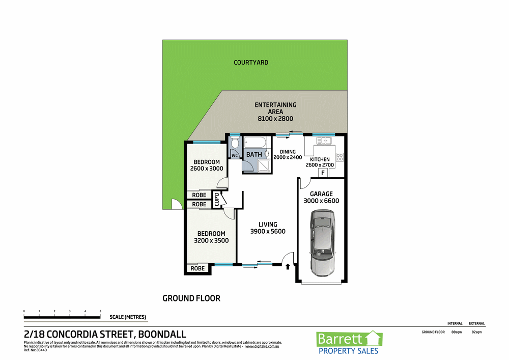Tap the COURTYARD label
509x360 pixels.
pyautogui.click(x=251, y=63)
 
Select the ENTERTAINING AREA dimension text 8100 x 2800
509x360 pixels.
pyautogui.click(x=275, y=119)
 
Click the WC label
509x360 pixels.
pyautogui.click(x=235, y=155)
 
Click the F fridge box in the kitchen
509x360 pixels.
pyautogui.click(x=322, y=174)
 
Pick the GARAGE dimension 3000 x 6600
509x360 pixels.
pyautogui.click(x=321, y=201)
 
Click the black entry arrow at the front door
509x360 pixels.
pyautogui.click(x=289, y=266)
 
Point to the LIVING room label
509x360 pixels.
pyautogui.click(x=268, y=224)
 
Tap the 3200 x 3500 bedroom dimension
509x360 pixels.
pyautogui.click(x=211, y=241)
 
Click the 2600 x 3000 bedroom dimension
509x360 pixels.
pyautogui.click(x=207, y=169)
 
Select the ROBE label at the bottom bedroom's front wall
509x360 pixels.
pyautogui.click(x=197, y=268)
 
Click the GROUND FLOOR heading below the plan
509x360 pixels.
pyautogui.click(x=191, y=298)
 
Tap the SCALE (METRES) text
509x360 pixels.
pyautogui.click(x=128, y=317)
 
